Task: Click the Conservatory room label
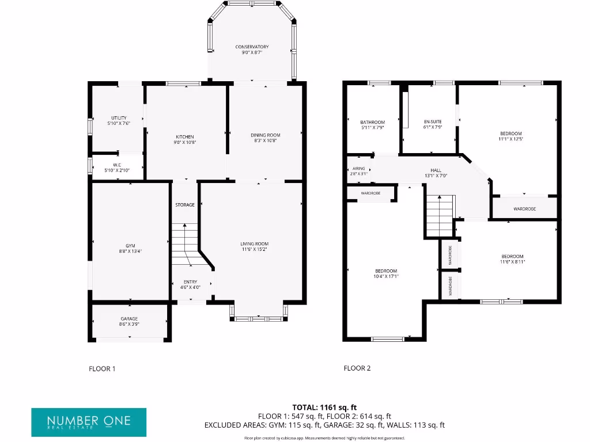pyautogui.click(x=252, y=47)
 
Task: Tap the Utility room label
pyautogui.click(x=119, y=118)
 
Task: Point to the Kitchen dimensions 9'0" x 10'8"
pyautogui.click(x=185, y=142)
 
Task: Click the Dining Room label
pyautogui.click(x=265, y=135)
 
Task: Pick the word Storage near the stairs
pyautogui.click(x=185, y=205)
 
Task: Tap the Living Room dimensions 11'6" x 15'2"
pyautogui.click(x=255, y=250)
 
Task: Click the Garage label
pyautogui.click(x=129, y=319)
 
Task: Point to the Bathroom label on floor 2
pyautogui.click(x=372, y=122)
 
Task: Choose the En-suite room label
pyautogui.click(x=432, y=122)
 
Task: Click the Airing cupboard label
pyautogui.click(x=358, y=169)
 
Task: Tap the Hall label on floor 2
pyautogui.click(x=436, y=170)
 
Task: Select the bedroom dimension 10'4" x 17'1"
pyautogui.click(x=386, y=277)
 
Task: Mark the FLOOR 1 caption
pyautogui.click(x=102, y=368)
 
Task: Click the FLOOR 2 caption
pyautogui.click(x=357, y=368)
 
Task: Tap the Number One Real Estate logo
pyautogui.click(x=89, y=422)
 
